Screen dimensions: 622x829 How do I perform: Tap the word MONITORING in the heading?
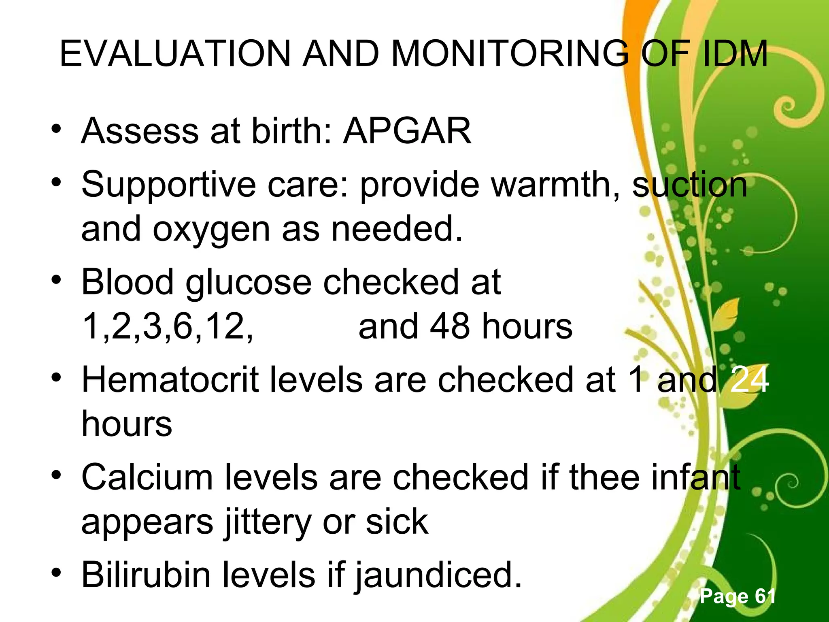click(x=510, y=53)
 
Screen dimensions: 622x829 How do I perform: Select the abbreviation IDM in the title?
click(x=735, y=53)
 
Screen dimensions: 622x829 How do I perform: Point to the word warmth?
click(x=555, y=184)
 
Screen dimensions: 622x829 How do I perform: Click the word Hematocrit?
click(x=170, y=379)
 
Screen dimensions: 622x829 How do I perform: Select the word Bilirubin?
click(x=146, y=575)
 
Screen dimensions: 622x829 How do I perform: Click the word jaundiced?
click(x=438, y=575)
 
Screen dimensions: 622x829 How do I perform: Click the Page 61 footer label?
click(x=738, y=596)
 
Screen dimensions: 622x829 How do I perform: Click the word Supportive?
click(x=168, y=184)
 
